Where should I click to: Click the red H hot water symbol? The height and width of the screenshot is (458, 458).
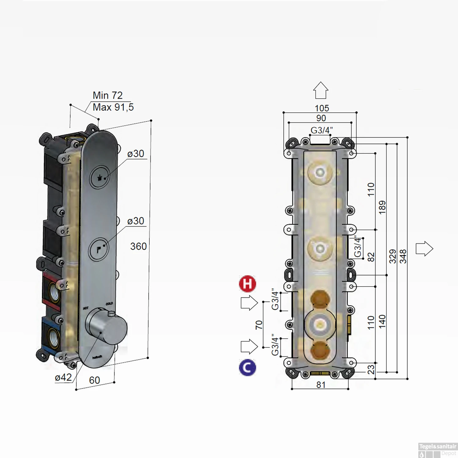pyautogui.click(x=247, y=284)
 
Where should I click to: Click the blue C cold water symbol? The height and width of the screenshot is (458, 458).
pyautogui.click(x=247, y=368)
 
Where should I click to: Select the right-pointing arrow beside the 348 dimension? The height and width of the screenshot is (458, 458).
pyautogui.click(x=424, y=249)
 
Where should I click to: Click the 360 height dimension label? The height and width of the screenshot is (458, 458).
pyautogui.click(x=138, y=246)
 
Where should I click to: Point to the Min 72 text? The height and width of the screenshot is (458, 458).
pyautogui.click(x=107, y=96)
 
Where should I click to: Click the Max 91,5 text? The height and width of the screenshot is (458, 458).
pyautogui.click(x=113, y=107)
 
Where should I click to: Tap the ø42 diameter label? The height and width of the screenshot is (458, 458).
pyautogui.click(x=63, y=378)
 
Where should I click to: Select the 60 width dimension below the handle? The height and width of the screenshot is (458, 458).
pyautogui.click(x=94, y=380)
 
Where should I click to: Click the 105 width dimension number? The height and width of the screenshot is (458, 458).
pyautogui.click(x=322, y=108)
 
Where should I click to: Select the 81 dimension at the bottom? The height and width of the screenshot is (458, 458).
pyautogui.click(x=321, y=385)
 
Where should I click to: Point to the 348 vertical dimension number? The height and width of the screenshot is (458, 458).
pyautogui.click(x=403, y=256)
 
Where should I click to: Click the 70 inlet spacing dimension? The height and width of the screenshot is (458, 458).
pyautogui.click(x=259, y=325)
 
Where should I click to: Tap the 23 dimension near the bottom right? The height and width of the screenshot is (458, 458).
pyautogui.click(x=371, y=369)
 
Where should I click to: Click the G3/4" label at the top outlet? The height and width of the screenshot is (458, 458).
pyautogui.click(x=322, y=130)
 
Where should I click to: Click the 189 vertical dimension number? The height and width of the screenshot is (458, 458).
pyautogui.click(x=382, y=208)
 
